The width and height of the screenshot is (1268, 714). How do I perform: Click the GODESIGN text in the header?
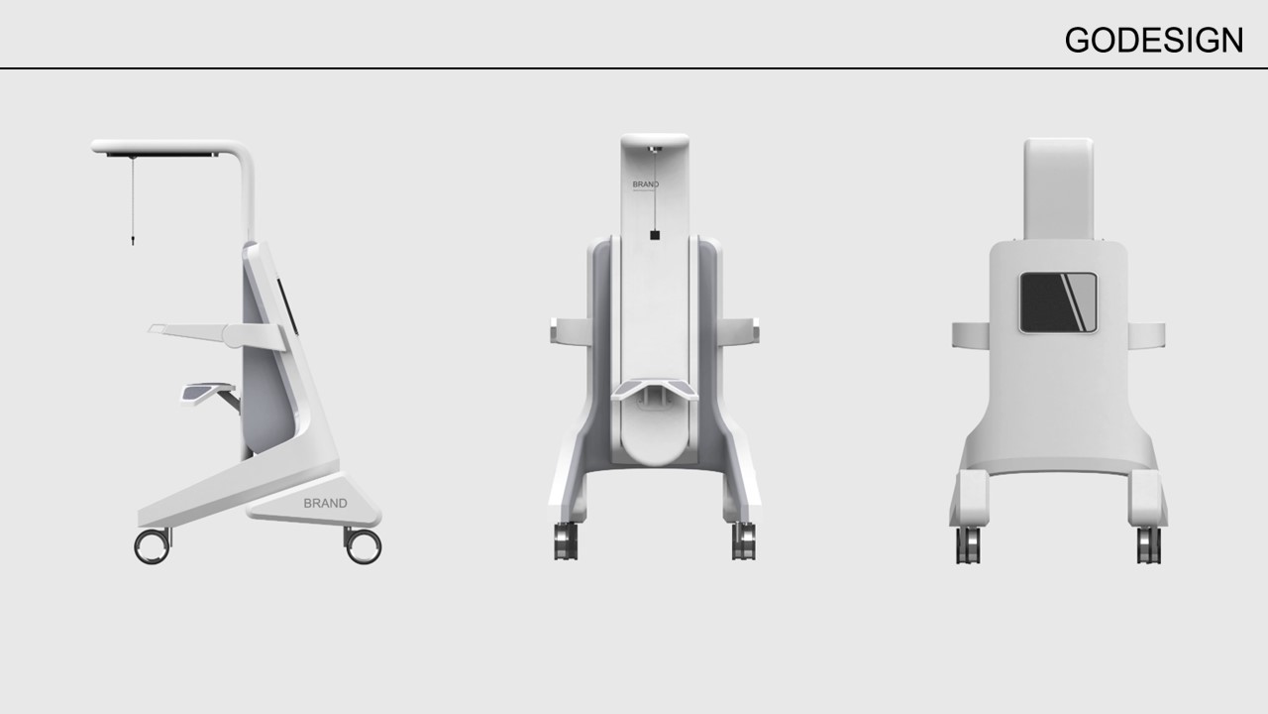tap(1153, 40)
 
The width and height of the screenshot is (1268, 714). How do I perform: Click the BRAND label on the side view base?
tap(325, 503)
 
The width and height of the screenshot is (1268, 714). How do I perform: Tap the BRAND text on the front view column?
tap(645, 184)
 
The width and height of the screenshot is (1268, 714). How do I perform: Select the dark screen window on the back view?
tap(1058, 301)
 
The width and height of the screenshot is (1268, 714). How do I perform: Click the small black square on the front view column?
tap(655, 235)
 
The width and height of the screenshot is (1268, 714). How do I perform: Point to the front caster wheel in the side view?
tap(152, 546)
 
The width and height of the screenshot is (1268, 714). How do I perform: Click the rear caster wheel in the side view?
tap(363, 545)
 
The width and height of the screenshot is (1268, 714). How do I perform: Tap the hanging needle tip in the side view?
tap(131, 239)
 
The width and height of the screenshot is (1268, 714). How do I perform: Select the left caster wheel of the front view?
tap(566, 541)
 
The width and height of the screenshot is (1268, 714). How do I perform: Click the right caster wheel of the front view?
tap(744, 541)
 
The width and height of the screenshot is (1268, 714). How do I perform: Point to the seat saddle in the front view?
tap(655, 389)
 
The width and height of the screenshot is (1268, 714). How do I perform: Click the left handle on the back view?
tap(971, 335)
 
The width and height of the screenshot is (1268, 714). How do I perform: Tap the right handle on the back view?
tap(1146, 335)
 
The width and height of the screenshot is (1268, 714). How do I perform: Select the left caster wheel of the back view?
tap(968, 544)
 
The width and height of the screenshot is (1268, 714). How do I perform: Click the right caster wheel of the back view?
tap(1148, 544)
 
